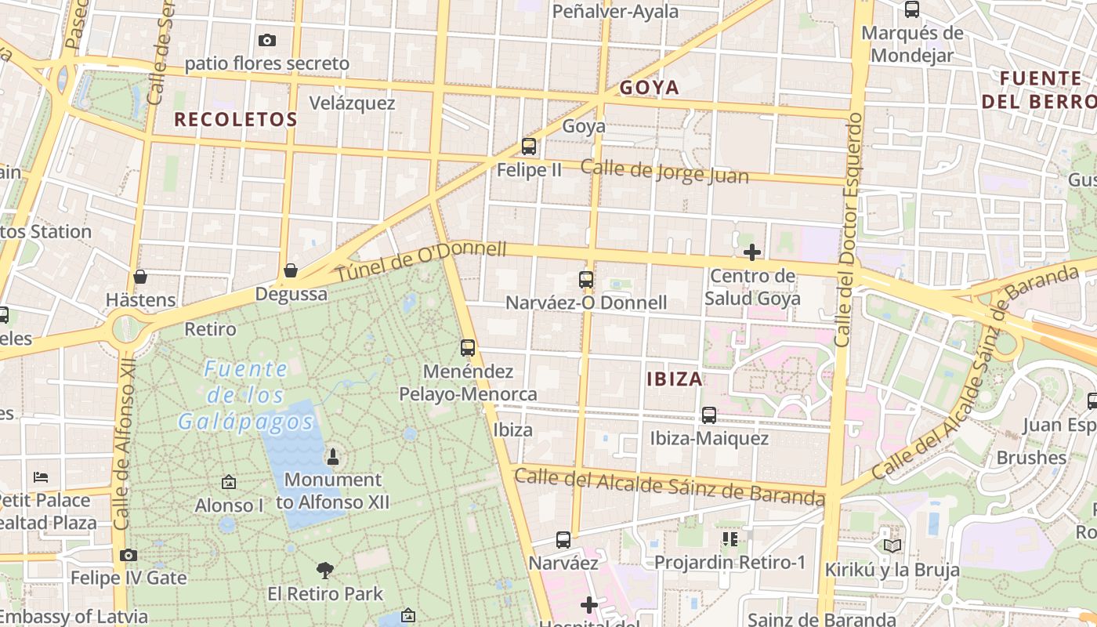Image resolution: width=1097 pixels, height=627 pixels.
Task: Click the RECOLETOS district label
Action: pos(235,120)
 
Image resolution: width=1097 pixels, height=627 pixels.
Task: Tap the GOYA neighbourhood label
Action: pos(650,88)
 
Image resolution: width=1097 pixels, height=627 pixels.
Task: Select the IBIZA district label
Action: pos(675,379)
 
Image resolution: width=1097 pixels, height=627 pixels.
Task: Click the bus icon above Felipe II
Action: pos(529,146)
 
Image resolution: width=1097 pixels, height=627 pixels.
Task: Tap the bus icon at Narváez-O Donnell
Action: pos(586,279)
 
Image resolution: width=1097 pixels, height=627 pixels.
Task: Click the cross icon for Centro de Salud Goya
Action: pos(752,252)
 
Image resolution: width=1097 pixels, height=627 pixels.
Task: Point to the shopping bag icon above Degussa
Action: pos(291,270)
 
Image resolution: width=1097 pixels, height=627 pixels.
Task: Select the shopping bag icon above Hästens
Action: pos(140,276)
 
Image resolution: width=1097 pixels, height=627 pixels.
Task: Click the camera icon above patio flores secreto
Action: pos(266,40)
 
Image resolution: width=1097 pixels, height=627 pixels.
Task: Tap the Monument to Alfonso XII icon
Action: pos(333,456)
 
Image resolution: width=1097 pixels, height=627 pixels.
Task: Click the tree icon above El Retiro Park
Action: pos(325,570)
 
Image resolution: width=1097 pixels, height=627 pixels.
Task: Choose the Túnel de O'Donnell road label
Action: pos(422,263)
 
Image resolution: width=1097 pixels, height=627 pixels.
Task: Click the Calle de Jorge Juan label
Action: pos(664,172)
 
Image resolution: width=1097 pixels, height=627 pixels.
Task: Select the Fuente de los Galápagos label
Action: pos(246,395)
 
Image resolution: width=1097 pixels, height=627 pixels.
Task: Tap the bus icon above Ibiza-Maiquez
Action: pos(709,415)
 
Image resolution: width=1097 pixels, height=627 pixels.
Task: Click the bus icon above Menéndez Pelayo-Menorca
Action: pos(468,347)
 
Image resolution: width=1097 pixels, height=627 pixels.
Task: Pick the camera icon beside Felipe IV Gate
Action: pos(129,555)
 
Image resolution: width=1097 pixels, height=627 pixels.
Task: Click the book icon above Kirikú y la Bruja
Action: pos(892,545)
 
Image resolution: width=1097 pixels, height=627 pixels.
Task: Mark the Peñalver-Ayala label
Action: pos(615,12)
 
